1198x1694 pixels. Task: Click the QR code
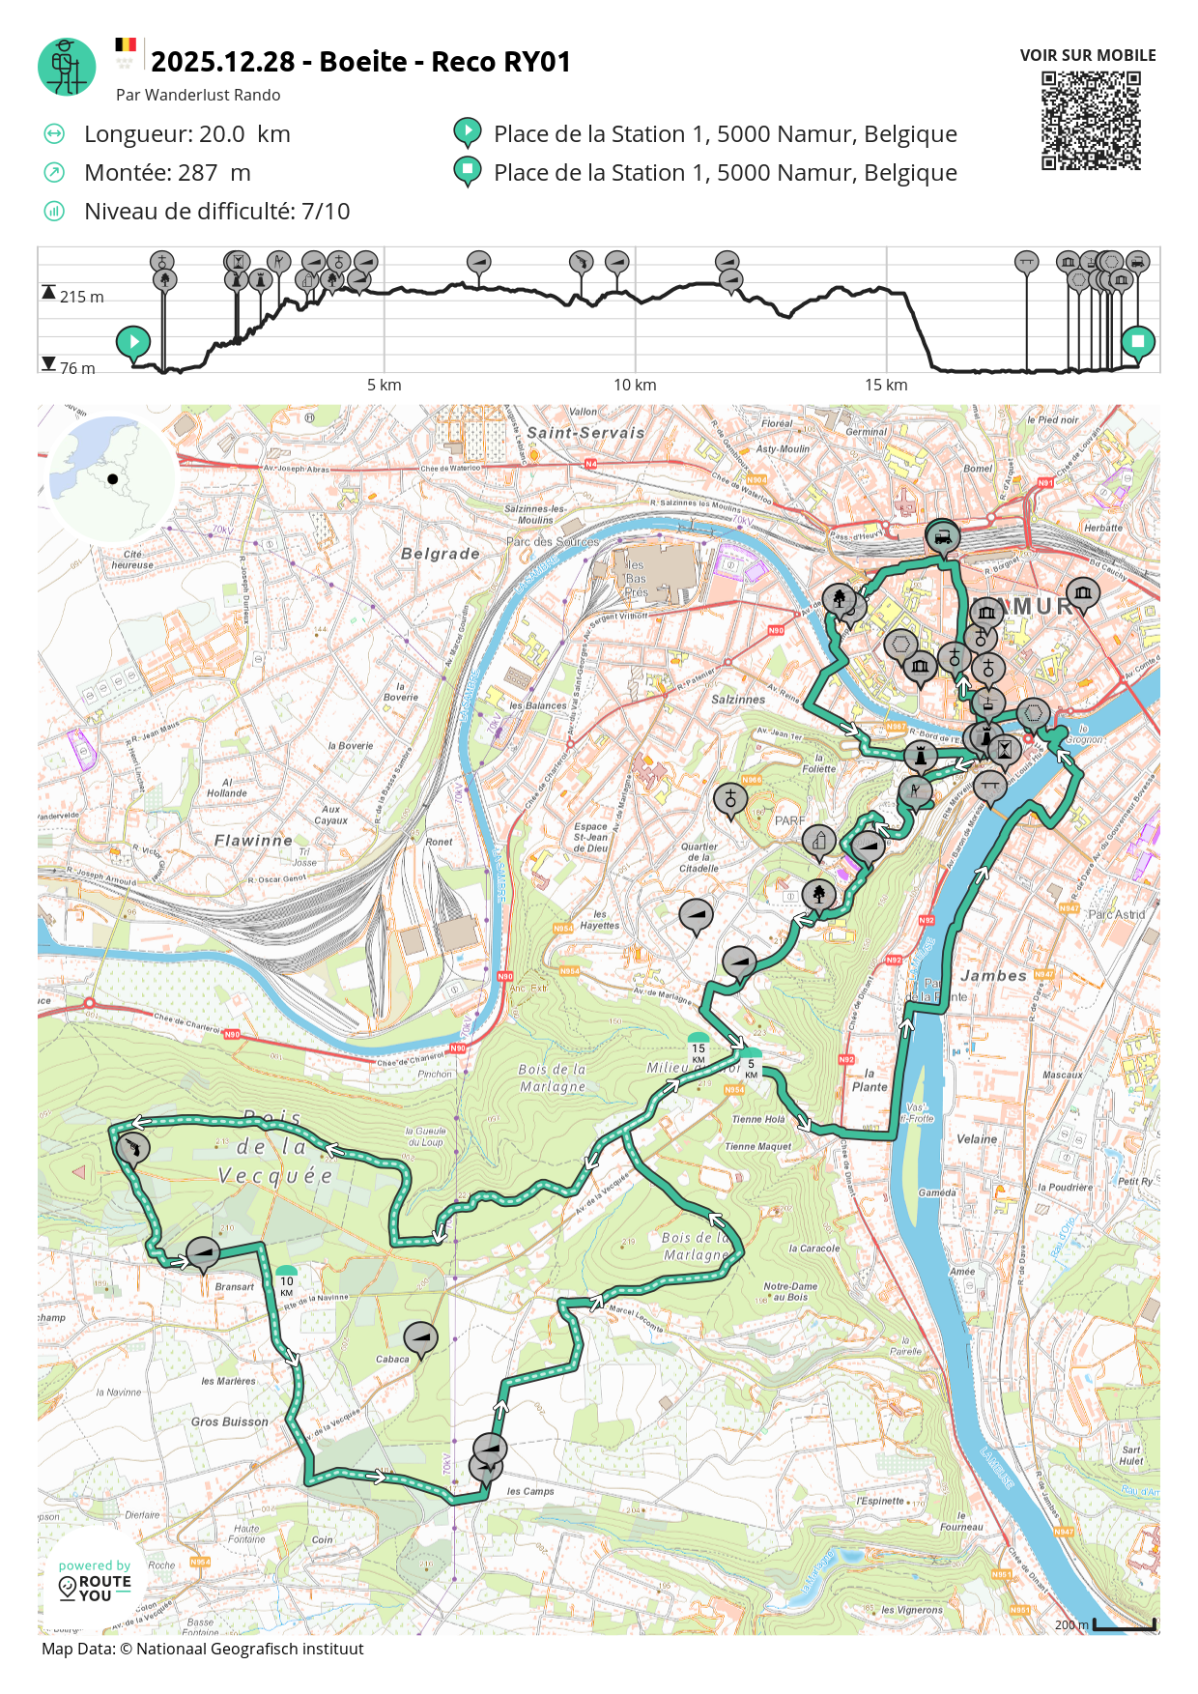(x=1091, y=121)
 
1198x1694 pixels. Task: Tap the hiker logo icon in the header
(x=67, y=67)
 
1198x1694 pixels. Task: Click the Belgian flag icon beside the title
(x=126, y=45)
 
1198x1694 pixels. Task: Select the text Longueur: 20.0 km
(x=186, y=134)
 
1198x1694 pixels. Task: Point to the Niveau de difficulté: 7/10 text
(x=216, y=212)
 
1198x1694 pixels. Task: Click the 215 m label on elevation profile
(x=81, y=297)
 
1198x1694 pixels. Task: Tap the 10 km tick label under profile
(x=635, y=385)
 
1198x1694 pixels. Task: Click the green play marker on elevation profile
(x=133, y=341)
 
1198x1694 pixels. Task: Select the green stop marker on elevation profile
(x=1138, y=341)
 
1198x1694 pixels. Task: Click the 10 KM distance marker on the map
(x=287, y=1282)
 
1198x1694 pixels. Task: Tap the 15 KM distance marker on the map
(x=699, y=1049)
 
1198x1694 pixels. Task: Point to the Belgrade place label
(x=441, y=554)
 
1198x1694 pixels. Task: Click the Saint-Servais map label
(x=585, y=433)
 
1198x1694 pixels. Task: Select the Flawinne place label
(x=253, y=841)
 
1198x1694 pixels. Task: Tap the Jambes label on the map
(x=993, y=976)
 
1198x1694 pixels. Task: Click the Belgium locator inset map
(x=111, y=478)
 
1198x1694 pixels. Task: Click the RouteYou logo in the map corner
(x=95, y=1582)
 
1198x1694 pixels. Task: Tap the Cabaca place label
(x=392, y=1359)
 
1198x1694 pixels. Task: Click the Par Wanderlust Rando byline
(x=198, y=95)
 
